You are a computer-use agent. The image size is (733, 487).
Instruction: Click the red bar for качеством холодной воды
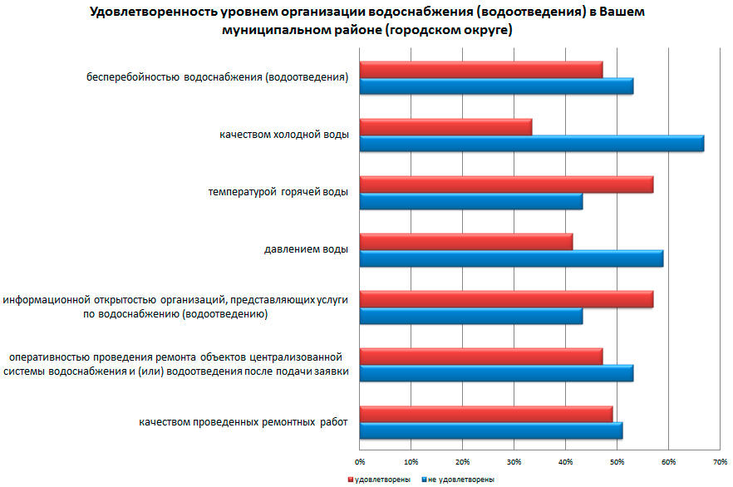coord(445,126)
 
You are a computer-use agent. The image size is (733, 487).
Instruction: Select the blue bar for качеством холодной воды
coord(532,144)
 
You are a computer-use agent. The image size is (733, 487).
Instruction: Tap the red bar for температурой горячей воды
coord(506,184)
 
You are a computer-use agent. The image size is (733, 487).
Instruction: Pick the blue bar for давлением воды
coord(511,258)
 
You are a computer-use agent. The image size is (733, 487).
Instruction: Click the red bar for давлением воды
coord(466,241)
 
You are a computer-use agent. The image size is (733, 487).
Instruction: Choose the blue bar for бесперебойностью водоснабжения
coord(496,86)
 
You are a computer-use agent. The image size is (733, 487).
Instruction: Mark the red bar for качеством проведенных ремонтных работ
coord(486,413)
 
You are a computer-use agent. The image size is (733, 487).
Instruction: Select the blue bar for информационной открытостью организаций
coord(471,316)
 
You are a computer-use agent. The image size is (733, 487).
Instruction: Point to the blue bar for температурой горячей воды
coord(471,201)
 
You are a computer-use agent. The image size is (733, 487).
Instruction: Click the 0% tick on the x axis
coord(360,460)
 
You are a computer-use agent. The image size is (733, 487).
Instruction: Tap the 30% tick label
coord(514,460)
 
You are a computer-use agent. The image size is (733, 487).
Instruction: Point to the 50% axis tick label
coord(617,460)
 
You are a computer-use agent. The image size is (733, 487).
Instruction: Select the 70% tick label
coord(719,460)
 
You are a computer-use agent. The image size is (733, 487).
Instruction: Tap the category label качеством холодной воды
coord(284,134)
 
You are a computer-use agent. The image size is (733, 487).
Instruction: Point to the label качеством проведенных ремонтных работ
coord(243,421)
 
